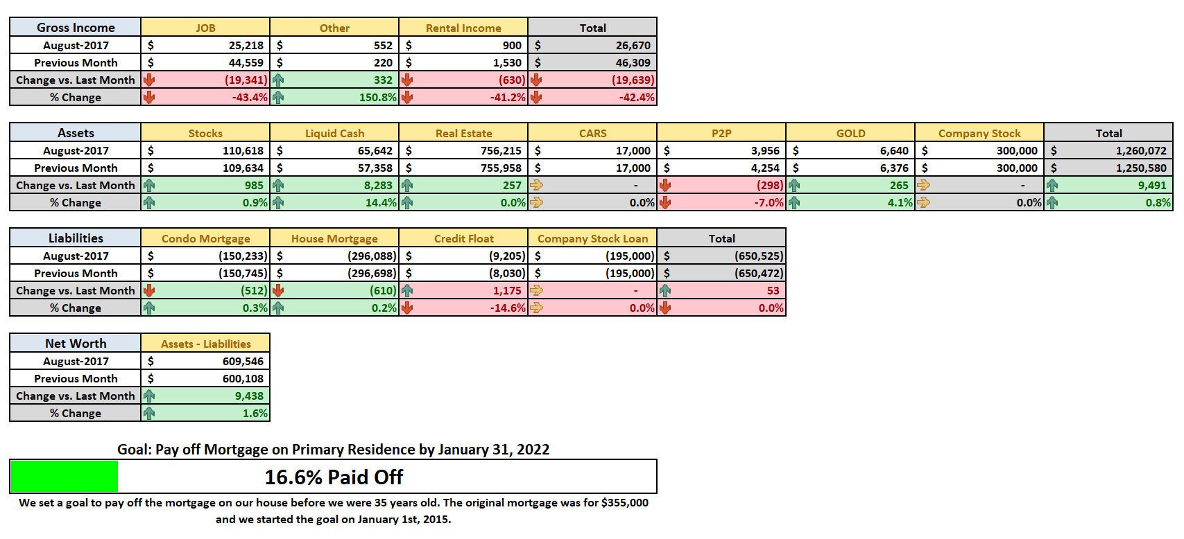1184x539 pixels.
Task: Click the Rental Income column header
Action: [x=463, y=28]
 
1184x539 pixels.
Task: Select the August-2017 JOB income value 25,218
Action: [x=246, y=46]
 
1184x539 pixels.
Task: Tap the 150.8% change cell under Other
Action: [x=377, y=97]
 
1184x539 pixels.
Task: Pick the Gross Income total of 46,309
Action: [x=633, y=63]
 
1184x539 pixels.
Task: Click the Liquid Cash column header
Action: [x=334, y=134]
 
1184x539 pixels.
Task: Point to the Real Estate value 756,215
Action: [x=501, y=151]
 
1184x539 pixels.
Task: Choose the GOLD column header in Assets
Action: [x=850, y=134]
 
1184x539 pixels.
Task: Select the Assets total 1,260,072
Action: [x=1141, y=151]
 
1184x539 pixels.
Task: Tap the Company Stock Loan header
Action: [x=592, y=238]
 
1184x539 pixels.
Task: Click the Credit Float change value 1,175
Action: [x=507, y=291]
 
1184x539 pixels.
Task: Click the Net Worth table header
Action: [x=76, y=344]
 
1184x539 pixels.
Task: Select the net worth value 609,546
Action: [x=243, y=362]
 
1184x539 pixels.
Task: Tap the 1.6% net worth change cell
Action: [x=255, y=414]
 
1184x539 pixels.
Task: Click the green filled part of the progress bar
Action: [x=65, y=477]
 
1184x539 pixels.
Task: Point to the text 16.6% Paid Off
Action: [x=334, y=477]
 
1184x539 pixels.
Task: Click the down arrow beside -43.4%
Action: [x=149, y=97]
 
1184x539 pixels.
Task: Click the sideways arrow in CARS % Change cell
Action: [x=536, y=202]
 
